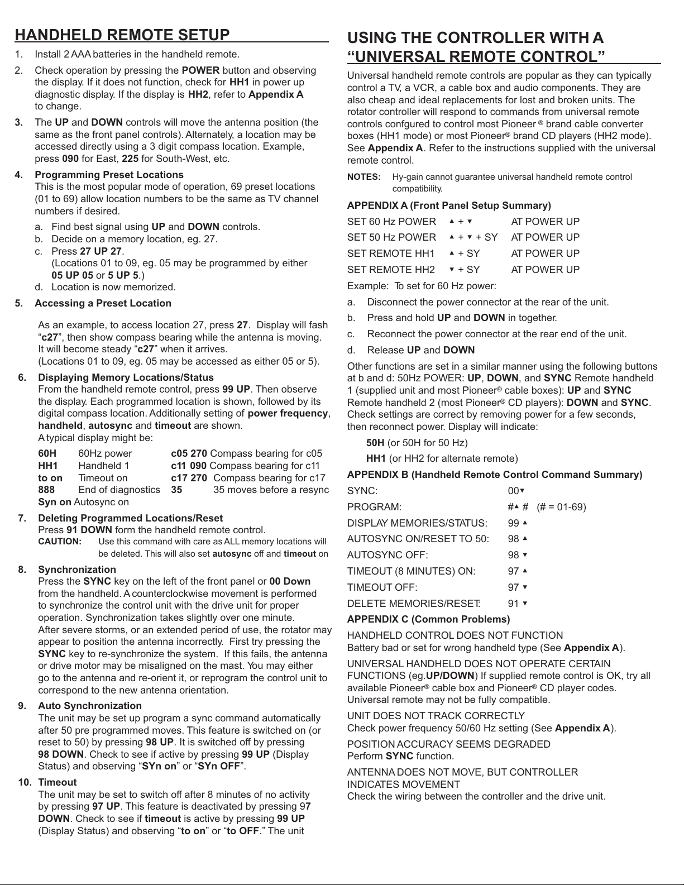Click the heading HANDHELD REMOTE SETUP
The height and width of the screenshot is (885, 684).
pyautogui.click(x=122, y=35)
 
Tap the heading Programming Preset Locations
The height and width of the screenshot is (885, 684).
pyautogui.click(x=109, y=175)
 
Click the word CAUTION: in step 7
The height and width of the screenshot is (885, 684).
pyautogui.click(x=60, y=542)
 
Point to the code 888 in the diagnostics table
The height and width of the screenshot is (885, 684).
pyautogui.click(x=46, y=490)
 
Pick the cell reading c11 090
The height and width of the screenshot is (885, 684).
pyautogui.click(x=189, y=466)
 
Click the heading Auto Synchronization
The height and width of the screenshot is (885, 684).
pyautogui.click(x=90, y=706)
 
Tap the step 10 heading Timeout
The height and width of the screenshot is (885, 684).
pyautogui.click(x=58, y=782)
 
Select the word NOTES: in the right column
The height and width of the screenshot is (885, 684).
pyautogui.click(x=364, y=177)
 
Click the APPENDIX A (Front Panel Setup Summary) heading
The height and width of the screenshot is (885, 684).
pyautogui.click(x=449, y=205)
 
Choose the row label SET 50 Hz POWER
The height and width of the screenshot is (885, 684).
pyautogui.click(x=391, y=237)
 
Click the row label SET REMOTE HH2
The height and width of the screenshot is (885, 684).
pyautogui.click(x=391, y=270)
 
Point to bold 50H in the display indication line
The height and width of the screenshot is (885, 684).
pyautogui.click(x=375, y=443)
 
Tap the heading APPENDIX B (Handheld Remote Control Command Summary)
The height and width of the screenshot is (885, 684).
pyautogui.click(x=495, y=475)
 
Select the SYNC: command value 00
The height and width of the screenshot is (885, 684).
pyautogui.click(x=513, y=491)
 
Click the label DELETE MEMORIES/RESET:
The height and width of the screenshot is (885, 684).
pyautogui.click(x=414, y=604)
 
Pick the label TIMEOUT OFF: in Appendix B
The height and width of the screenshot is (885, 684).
pyautogui.click(x=382, y=587)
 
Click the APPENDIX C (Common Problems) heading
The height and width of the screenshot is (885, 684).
pyautogui.click(x=428, y=619)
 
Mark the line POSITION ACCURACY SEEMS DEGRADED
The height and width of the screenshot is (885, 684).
pyautogui.click(x=448, y=744)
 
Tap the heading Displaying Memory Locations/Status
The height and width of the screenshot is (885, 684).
pyautogui.click(x=126, y=377)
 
